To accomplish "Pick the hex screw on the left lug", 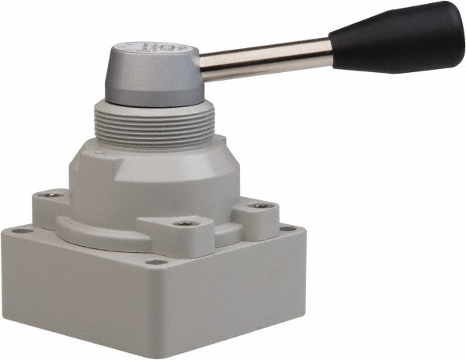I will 51,194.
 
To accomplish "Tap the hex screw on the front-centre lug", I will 184,223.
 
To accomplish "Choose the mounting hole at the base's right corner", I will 288,230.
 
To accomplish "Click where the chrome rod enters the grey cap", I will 203,67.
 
